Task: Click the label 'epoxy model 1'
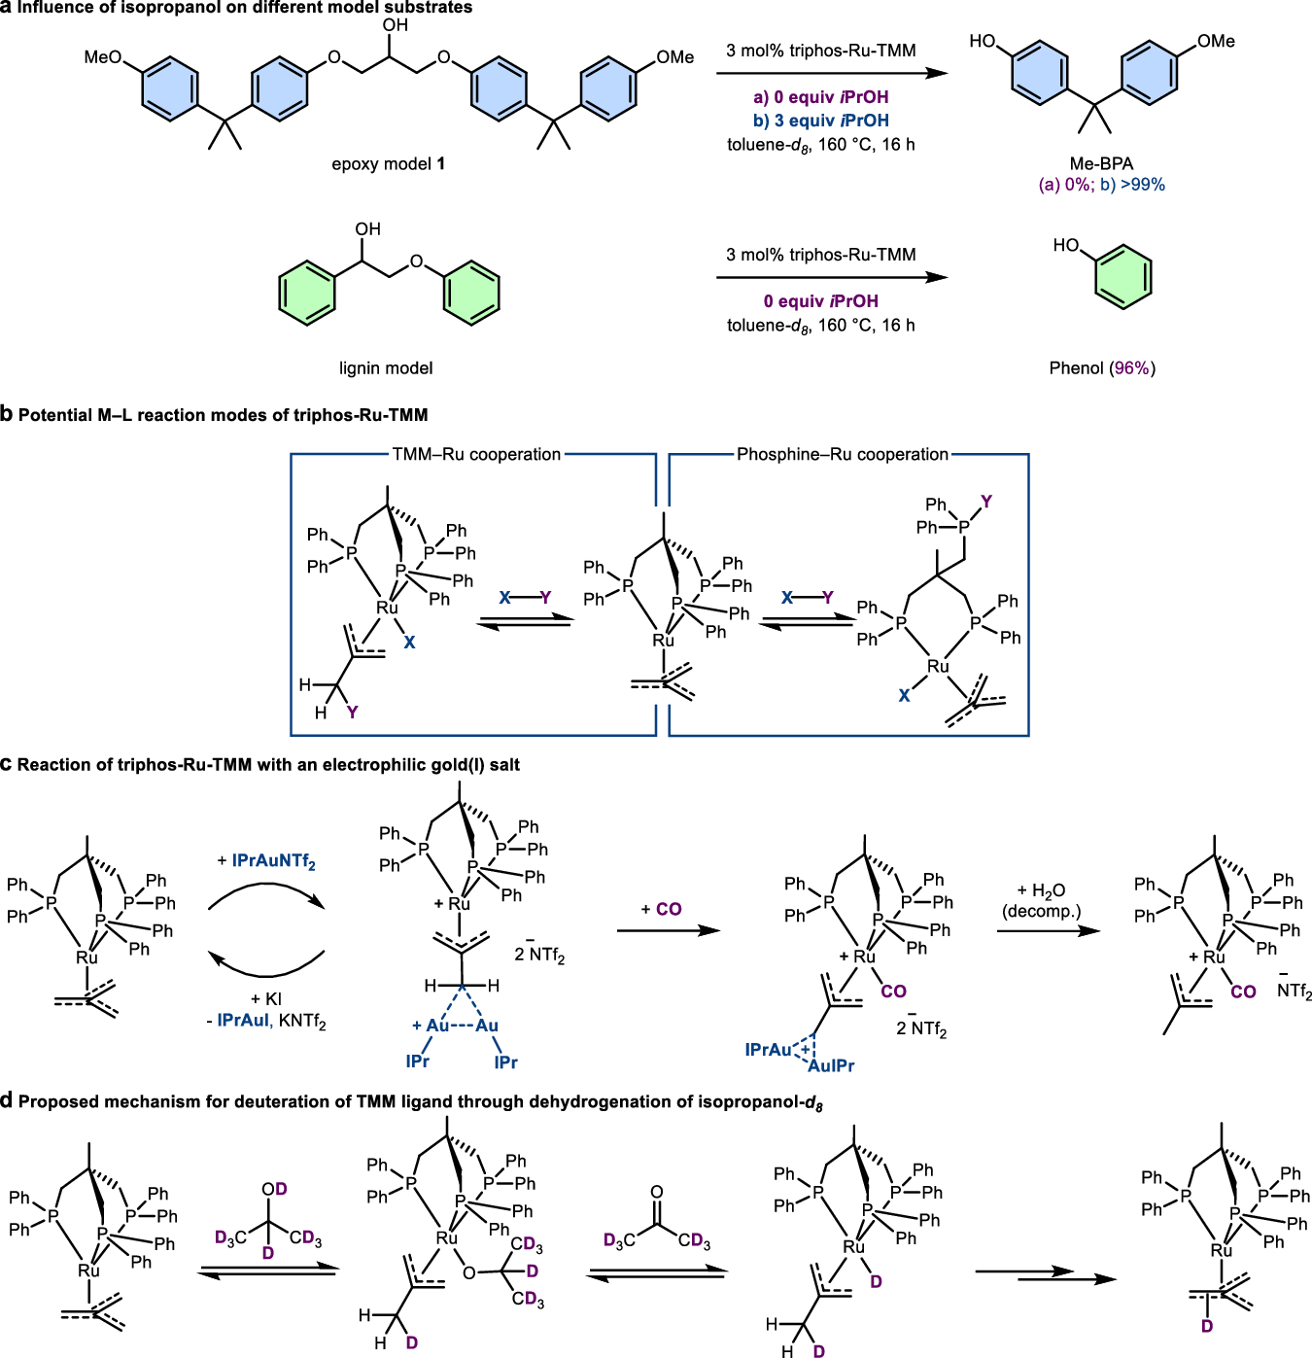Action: [x=388, y=163]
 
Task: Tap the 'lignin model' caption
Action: [x=386, y=368]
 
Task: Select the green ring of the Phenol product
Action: [x=1122, y=278]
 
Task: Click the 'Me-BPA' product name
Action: [x=1101, y=163]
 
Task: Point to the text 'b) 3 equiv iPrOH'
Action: [x=820, y=121]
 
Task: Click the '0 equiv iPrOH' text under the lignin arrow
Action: [x=820, y=301]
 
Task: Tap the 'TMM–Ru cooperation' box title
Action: [x=476, y=454]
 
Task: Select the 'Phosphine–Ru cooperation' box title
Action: [x=842, y=454]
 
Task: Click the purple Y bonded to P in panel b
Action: [x=986, y=502]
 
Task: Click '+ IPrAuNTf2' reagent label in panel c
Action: [x=267, y=861]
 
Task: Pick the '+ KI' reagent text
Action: [x=266, y=999]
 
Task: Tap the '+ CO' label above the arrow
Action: [x=662, y=909]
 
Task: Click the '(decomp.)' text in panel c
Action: [x=1041, y=912]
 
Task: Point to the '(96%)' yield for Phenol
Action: [x=1132, y=368]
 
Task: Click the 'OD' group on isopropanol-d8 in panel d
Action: [x=274, y=1189]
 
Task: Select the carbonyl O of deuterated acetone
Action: [x=657, y=1192]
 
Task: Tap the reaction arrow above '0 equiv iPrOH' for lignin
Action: [x=832, y=278]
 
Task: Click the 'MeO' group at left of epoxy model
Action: [x=103, y=57]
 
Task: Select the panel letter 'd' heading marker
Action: [x=7, y=1100]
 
